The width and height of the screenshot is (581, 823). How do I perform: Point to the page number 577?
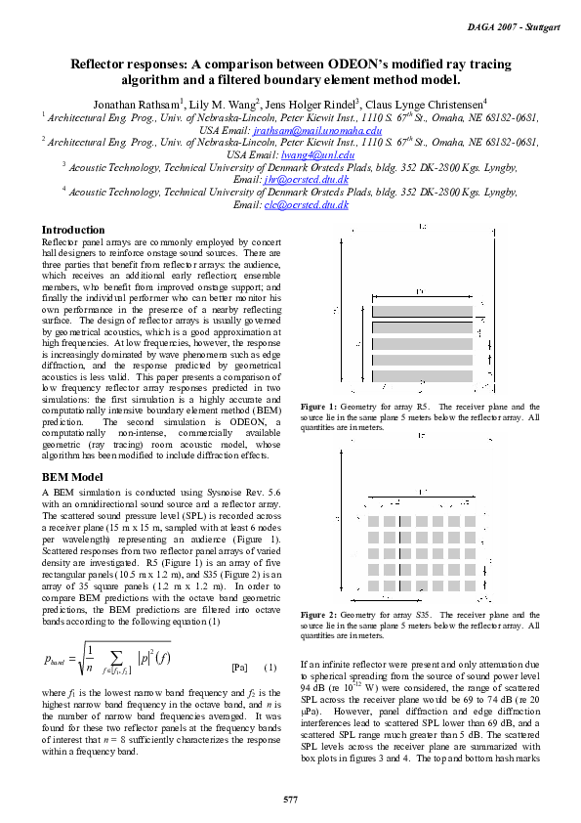coord(290,800)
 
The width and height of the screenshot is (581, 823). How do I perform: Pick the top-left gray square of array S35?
coord(373,505)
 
